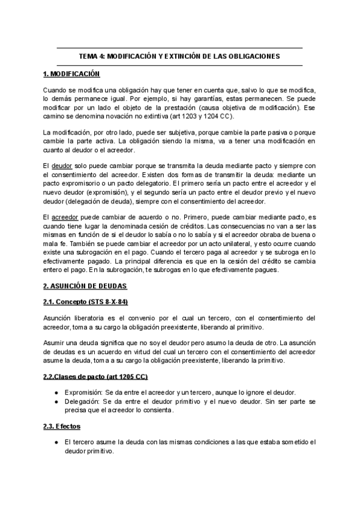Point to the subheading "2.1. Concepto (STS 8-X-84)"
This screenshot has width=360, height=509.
(86, 301)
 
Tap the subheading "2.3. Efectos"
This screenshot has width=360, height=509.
(62, 426)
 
